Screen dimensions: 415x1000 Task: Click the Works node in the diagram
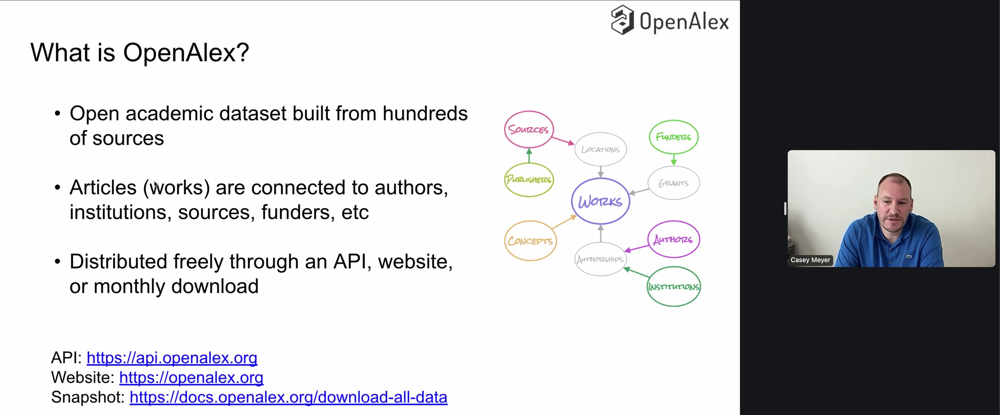tap(600, 201)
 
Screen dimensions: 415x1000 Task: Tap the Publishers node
tap(529, 179)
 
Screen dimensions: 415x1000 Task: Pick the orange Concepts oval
tap(530, 240)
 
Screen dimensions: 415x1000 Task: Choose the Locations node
tap(600, 149)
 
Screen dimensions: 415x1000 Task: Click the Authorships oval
tap(600, 259)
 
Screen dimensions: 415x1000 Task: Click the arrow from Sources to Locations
tap(563, 141)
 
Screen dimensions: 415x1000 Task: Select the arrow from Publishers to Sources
tap(529, 156)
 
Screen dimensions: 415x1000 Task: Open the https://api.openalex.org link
tap(171, 358)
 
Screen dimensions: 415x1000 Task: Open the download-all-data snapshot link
tap(288, 397)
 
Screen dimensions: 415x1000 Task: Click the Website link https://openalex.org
tap(191, 377)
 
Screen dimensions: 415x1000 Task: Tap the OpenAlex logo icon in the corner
tap(622, 20)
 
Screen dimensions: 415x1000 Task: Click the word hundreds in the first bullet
tap(425, 113)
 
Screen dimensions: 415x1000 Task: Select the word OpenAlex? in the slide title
tap(186, 52)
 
